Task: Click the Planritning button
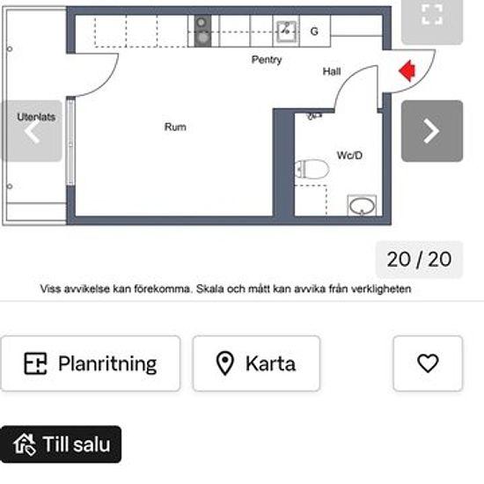tap(90, 363)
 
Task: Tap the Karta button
tap(256, 363)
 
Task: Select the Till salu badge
tap(61, 444)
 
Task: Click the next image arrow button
tap(431, 131)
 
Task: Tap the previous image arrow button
tap(32, 131)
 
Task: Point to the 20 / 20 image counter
tap(419, 260)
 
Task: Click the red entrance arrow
tap(407, 70)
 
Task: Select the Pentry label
tap(267, 60)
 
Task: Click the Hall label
tap(332, 72)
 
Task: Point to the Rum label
tap(175, 128)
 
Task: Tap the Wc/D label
tap(349, 155)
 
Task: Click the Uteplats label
tap(37, 117)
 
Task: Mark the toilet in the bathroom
tap(310, 169)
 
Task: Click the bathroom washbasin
tap(361, 207)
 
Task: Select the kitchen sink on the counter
tap(286, 31)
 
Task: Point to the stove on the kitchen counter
tap(202, 30)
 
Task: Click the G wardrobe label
tap(314, 32)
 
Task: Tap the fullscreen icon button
tap(431, 14)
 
